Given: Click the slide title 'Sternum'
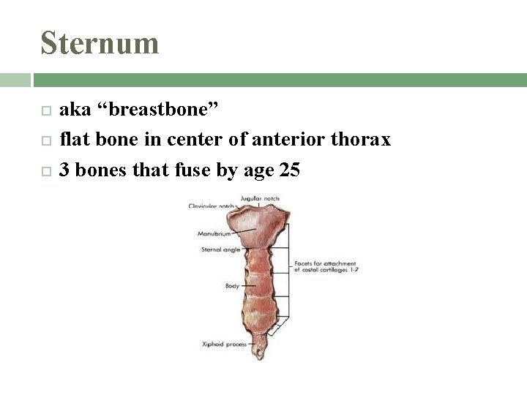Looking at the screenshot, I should (100, 42).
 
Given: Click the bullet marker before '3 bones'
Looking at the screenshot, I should (46, 171).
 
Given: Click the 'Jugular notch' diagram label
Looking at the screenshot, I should (261, 198).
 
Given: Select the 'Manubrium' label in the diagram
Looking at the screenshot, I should (214, 234).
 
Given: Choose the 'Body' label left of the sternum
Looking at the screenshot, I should (232, 285).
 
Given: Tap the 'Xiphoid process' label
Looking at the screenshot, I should (224, 344).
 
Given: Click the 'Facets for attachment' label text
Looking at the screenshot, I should (324, 263).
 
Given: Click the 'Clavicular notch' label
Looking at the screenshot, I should (211, 206).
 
